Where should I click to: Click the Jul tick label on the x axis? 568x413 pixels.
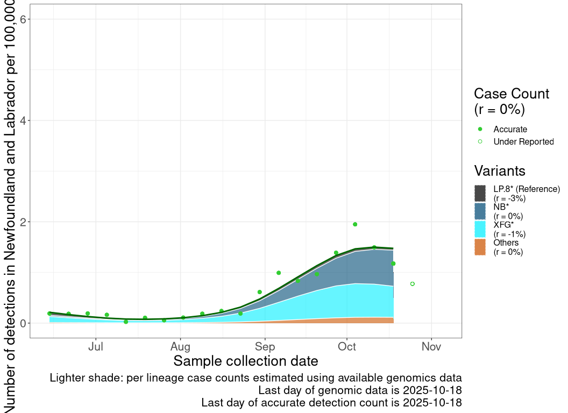96,347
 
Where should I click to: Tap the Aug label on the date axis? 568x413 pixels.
180,347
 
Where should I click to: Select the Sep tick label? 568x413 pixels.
265,347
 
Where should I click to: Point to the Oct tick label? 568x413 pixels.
347,347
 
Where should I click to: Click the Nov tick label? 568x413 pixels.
431,347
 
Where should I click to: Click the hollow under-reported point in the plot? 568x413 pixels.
413,283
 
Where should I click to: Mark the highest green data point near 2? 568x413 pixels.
355,224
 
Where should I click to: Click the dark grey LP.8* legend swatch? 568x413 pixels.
480,193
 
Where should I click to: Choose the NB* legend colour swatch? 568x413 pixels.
480,211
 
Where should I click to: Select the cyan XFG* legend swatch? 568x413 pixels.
480,229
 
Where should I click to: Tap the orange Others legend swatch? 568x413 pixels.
480,247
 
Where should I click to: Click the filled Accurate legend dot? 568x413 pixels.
480,129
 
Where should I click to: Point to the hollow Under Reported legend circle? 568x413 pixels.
480,141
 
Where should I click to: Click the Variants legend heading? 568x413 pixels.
499,171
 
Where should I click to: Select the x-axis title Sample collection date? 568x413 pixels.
245,361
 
